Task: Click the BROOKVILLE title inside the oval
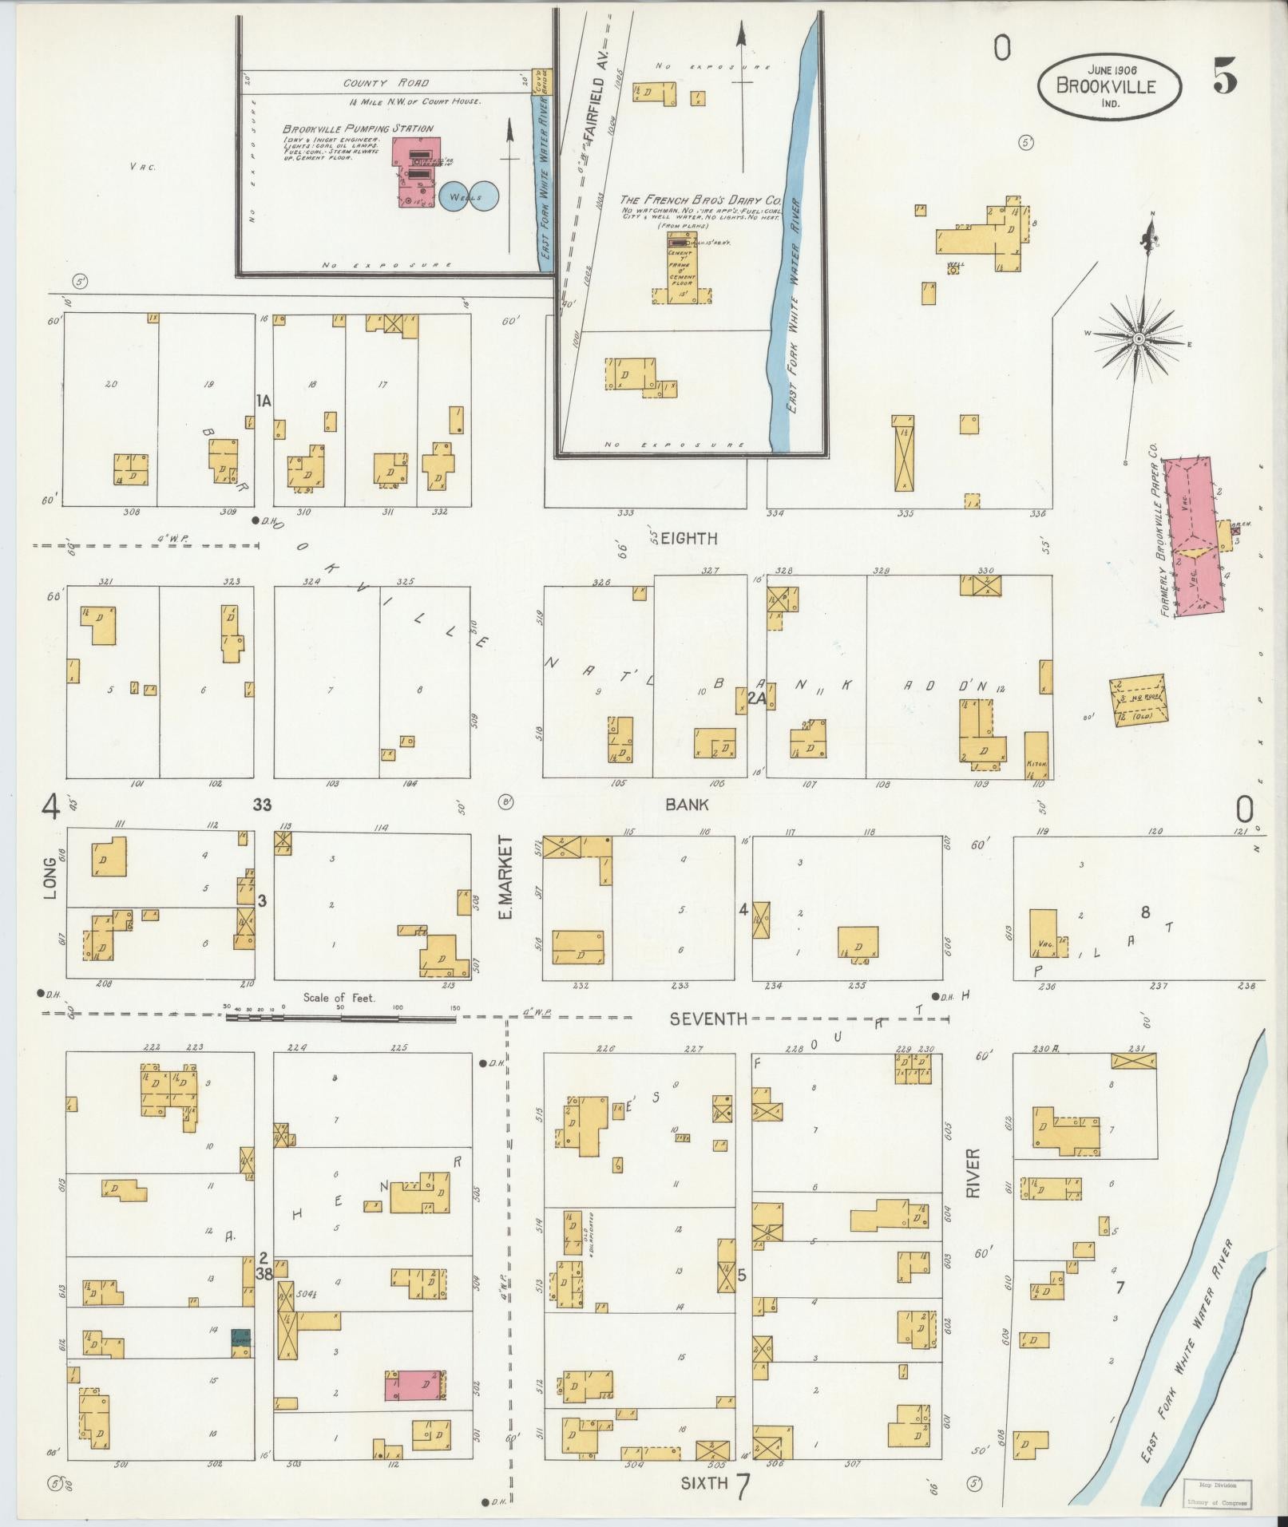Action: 1106,86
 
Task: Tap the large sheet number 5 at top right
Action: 1225,77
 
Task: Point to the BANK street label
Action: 687,805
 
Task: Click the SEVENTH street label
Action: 708,1019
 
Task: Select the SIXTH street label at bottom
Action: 703,1483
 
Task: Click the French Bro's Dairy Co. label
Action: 701,200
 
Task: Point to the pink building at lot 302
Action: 416,1385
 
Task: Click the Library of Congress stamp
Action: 1216,1492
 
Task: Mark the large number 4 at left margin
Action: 51,809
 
